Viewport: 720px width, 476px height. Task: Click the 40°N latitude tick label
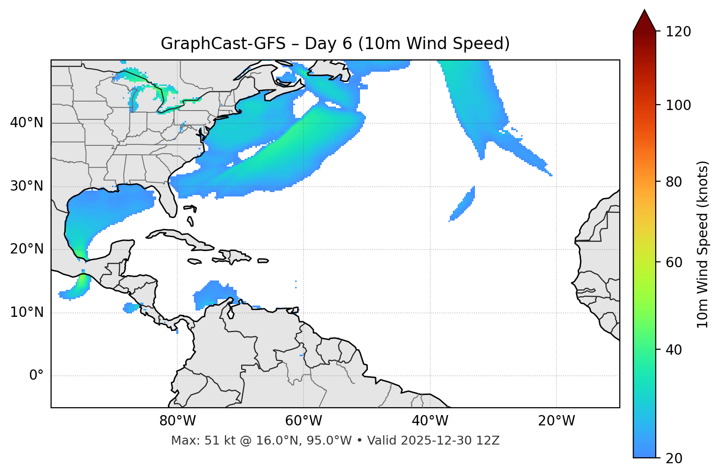pyautogui.click(x=27, y=123)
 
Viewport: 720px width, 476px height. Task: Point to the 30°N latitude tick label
pyautogui.click(x=27, y=186)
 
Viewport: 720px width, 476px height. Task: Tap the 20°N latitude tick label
pyautogui.click(x=27, y=249)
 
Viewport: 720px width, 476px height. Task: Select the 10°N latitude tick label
pyautogui.click(x=27, y=312)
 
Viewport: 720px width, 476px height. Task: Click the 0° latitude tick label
pyautogui.click(x=36, y=376)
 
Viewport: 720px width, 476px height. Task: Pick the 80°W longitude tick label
pyautogui.click(x=177, y=421)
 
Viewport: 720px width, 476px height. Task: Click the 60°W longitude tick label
pyautogui.click(x=304, y=421)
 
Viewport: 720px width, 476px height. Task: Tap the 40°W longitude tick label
pyautogui.click(x=430, y=421)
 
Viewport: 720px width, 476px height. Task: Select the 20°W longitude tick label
pyautogui.click(x=556, y=421)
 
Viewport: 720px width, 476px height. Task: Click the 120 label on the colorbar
pyautogui.click(x=678, y=32)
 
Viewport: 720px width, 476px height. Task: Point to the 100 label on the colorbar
pyautogui.click(x=678, y=105)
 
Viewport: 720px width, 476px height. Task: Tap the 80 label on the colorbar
pyautogui.click(x=674, y=182)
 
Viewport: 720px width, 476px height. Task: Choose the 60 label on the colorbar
pyautogui.click(x=674, y=262)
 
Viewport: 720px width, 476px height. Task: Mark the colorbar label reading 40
pyautogui.click(x=674, y=350)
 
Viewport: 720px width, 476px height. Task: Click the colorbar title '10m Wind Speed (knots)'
pyautogui.click(x=703, y=244)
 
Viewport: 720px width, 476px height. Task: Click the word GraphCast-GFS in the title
pyautogui.click(x=223, y=44)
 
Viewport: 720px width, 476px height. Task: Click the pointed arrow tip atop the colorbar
pyautogui.click(x=644, y=12)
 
